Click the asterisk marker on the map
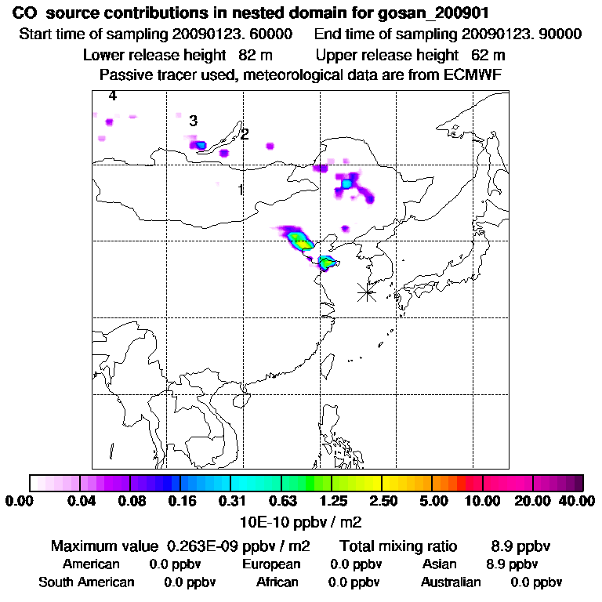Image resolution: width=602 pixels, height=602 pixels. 366,292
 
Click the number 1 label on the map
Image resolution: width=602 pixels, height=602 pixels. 241,190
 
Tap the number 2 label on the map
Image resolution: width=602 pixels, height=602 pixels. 245,135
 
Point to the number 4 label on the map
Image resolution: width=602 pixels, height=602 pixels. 113,96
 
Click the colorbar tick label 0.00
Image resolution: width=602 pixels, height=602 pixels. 23,500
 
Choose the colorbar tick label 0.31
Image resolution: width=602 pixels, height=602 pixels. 230,500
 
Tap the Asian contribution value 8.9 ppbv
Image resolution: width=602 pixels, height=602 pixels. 512,564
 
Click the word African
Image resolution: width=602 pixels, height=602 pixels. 277,582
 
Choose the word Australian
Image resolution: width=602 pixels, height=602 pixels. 451,582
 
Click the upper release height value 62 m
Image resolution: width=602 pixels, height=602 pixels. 488,55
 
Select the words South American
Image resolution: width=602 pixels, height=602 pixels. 86,582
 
